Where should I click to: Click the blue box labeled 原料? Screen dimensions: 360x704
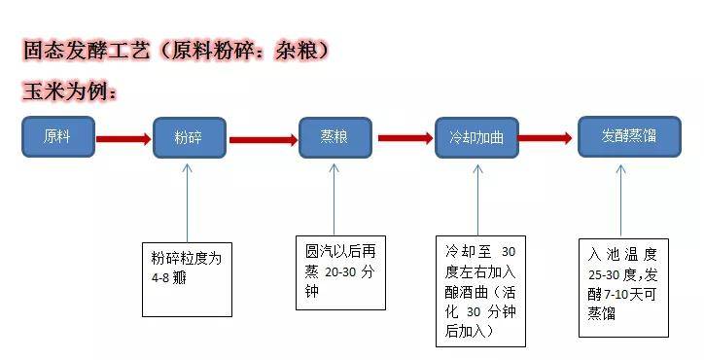pos(59,137)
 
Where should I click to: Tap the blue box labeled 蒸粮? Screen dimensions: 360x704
pos(334,136)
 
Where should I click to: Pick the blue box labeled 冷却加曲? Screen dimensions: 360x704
pos(476,137)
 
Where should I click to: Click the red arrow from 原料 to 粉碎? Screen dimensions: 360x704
pos(124,138)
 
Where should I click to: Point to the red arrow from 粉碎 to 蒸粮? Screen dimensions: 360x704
pos(263,138)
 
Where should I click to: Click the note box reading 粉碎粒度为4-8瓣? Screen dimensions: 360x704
pos(188,277)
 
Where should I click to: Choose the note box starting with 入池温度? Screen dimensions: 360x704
pos(622,285)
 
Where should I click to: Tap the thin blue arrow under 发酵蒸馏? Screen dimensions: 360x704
pos(623,199)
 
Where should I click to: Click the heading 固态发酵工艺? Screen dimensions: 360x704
pos(88,50)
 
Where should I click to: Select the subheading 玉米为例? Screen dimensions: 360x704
pos(68,92)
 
